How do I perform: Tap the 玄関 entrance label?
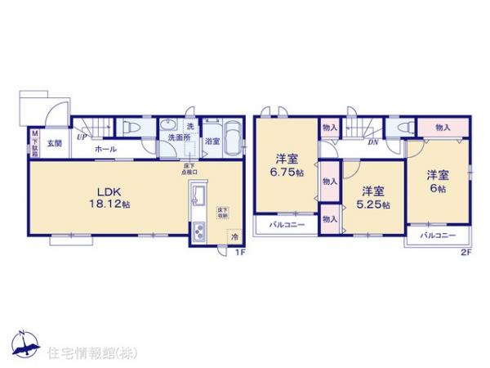click(53, 143)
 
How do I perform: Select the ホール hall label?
click(104, 150)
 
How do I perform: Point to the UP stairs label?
click(82, 137)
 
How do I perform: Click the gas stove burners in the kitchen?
click(199, 231)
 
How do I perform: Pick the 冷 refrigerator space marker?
click(232, 237)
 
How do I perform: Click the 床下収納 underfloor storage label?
click(222, 213)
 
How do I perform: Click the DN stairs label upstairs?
click(372, 142)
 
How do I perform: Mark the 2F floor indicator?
click(465, 252)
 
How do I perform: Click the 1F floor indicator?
click(239, 252)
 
